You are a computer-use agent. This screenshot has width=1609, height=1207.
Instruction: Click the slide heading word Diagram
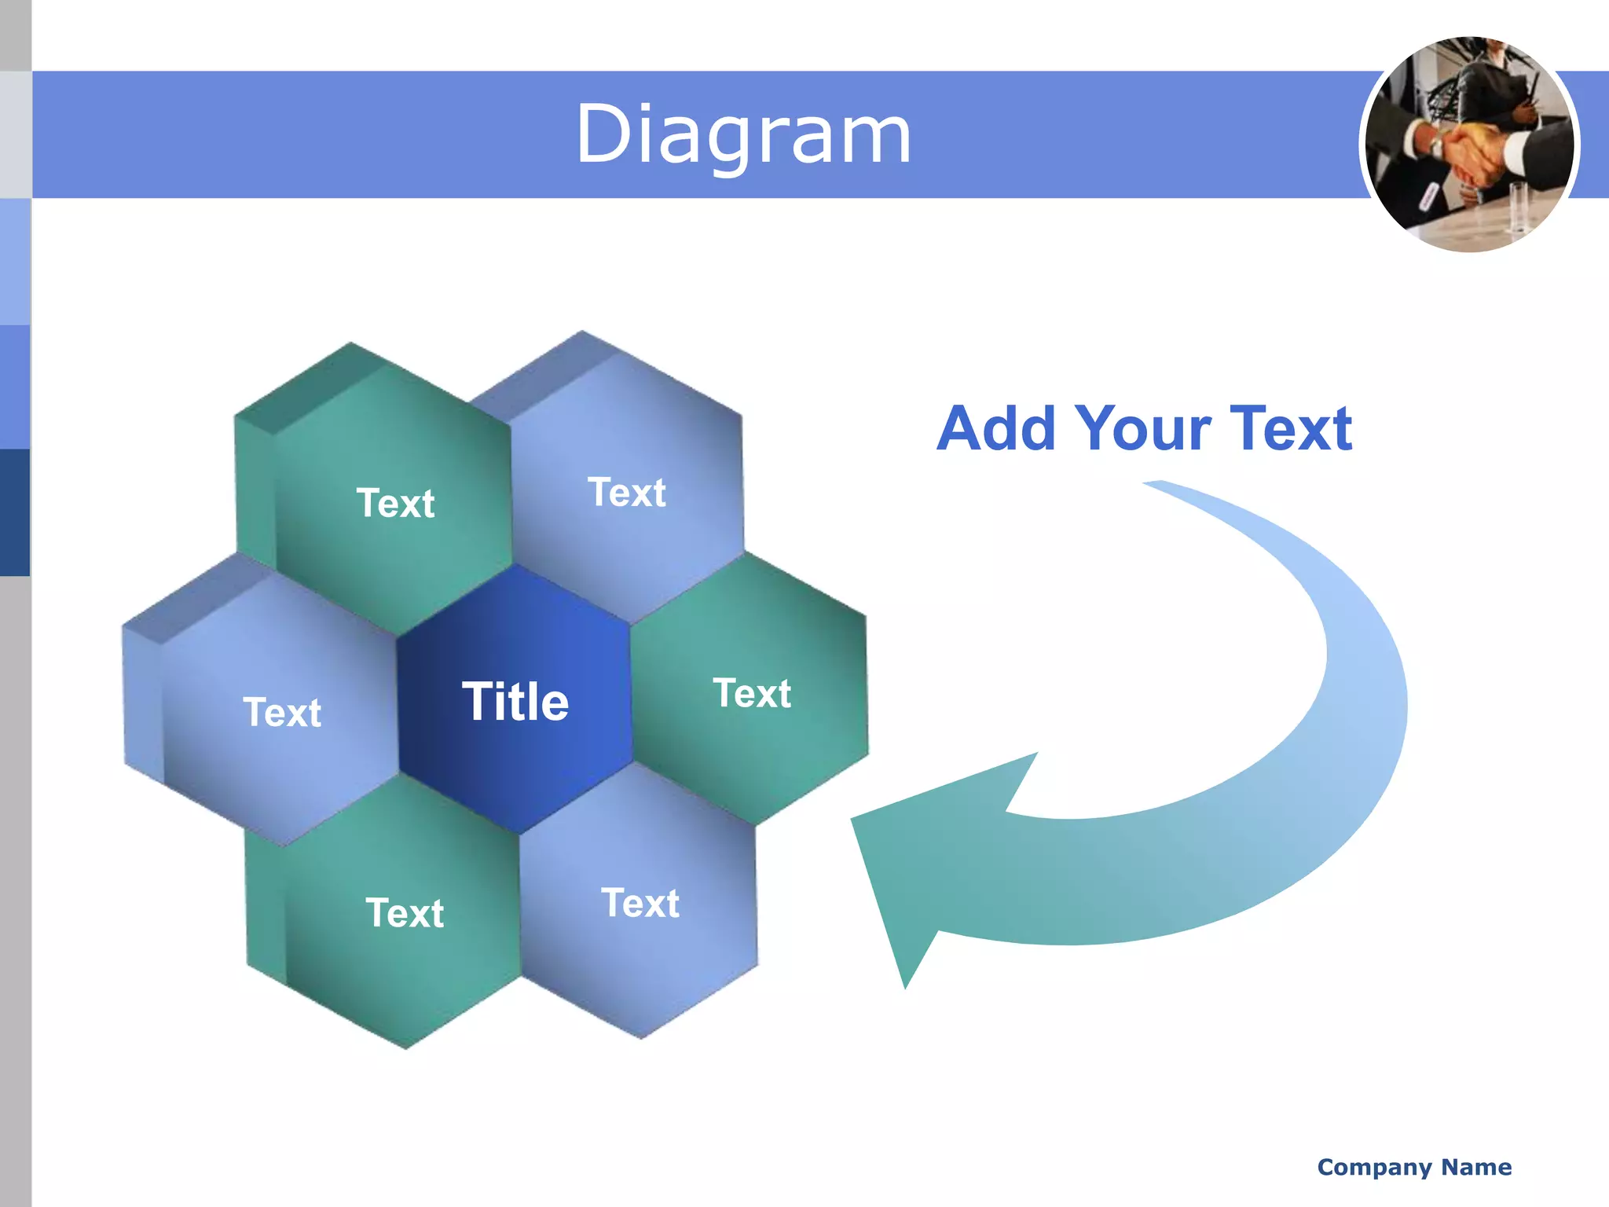[743, 135]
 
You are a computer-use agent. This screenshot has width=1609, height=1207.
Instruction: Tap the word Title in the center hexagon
[515, 702]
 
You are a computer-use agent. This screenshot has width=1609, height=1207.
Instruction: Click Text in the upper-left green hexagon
[395, 503]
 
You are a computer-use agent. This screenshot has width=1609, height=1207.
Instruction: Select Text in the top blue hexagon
[626, 493]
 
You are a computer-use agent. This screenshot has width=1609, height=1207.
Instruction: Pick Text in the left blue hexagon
[282, 713]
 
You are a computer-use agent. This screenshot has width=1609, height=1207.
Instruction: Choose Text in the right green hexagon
[752, 693]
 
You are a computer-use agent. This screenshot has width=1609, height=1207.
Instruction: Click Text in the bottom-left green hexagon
[405, 913]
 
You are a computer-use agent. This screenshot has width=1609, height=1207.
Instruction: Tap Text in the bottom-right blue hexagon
[640, 903]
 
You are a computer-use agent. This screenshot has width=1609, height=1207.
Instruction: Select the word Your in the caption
[1143, 429]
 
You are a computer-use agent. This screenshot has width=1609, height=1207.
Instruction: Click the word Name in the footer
[1476, 1167]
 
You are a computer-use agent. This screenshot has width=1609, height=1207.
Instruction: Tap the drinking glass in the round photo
[1517, 208]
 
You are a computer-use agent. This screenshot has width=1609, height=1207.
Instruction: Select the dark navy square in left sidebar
[15, 512]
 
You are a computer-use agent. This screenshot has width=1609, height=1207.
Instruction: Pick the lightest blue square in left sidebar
[15, 262]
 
